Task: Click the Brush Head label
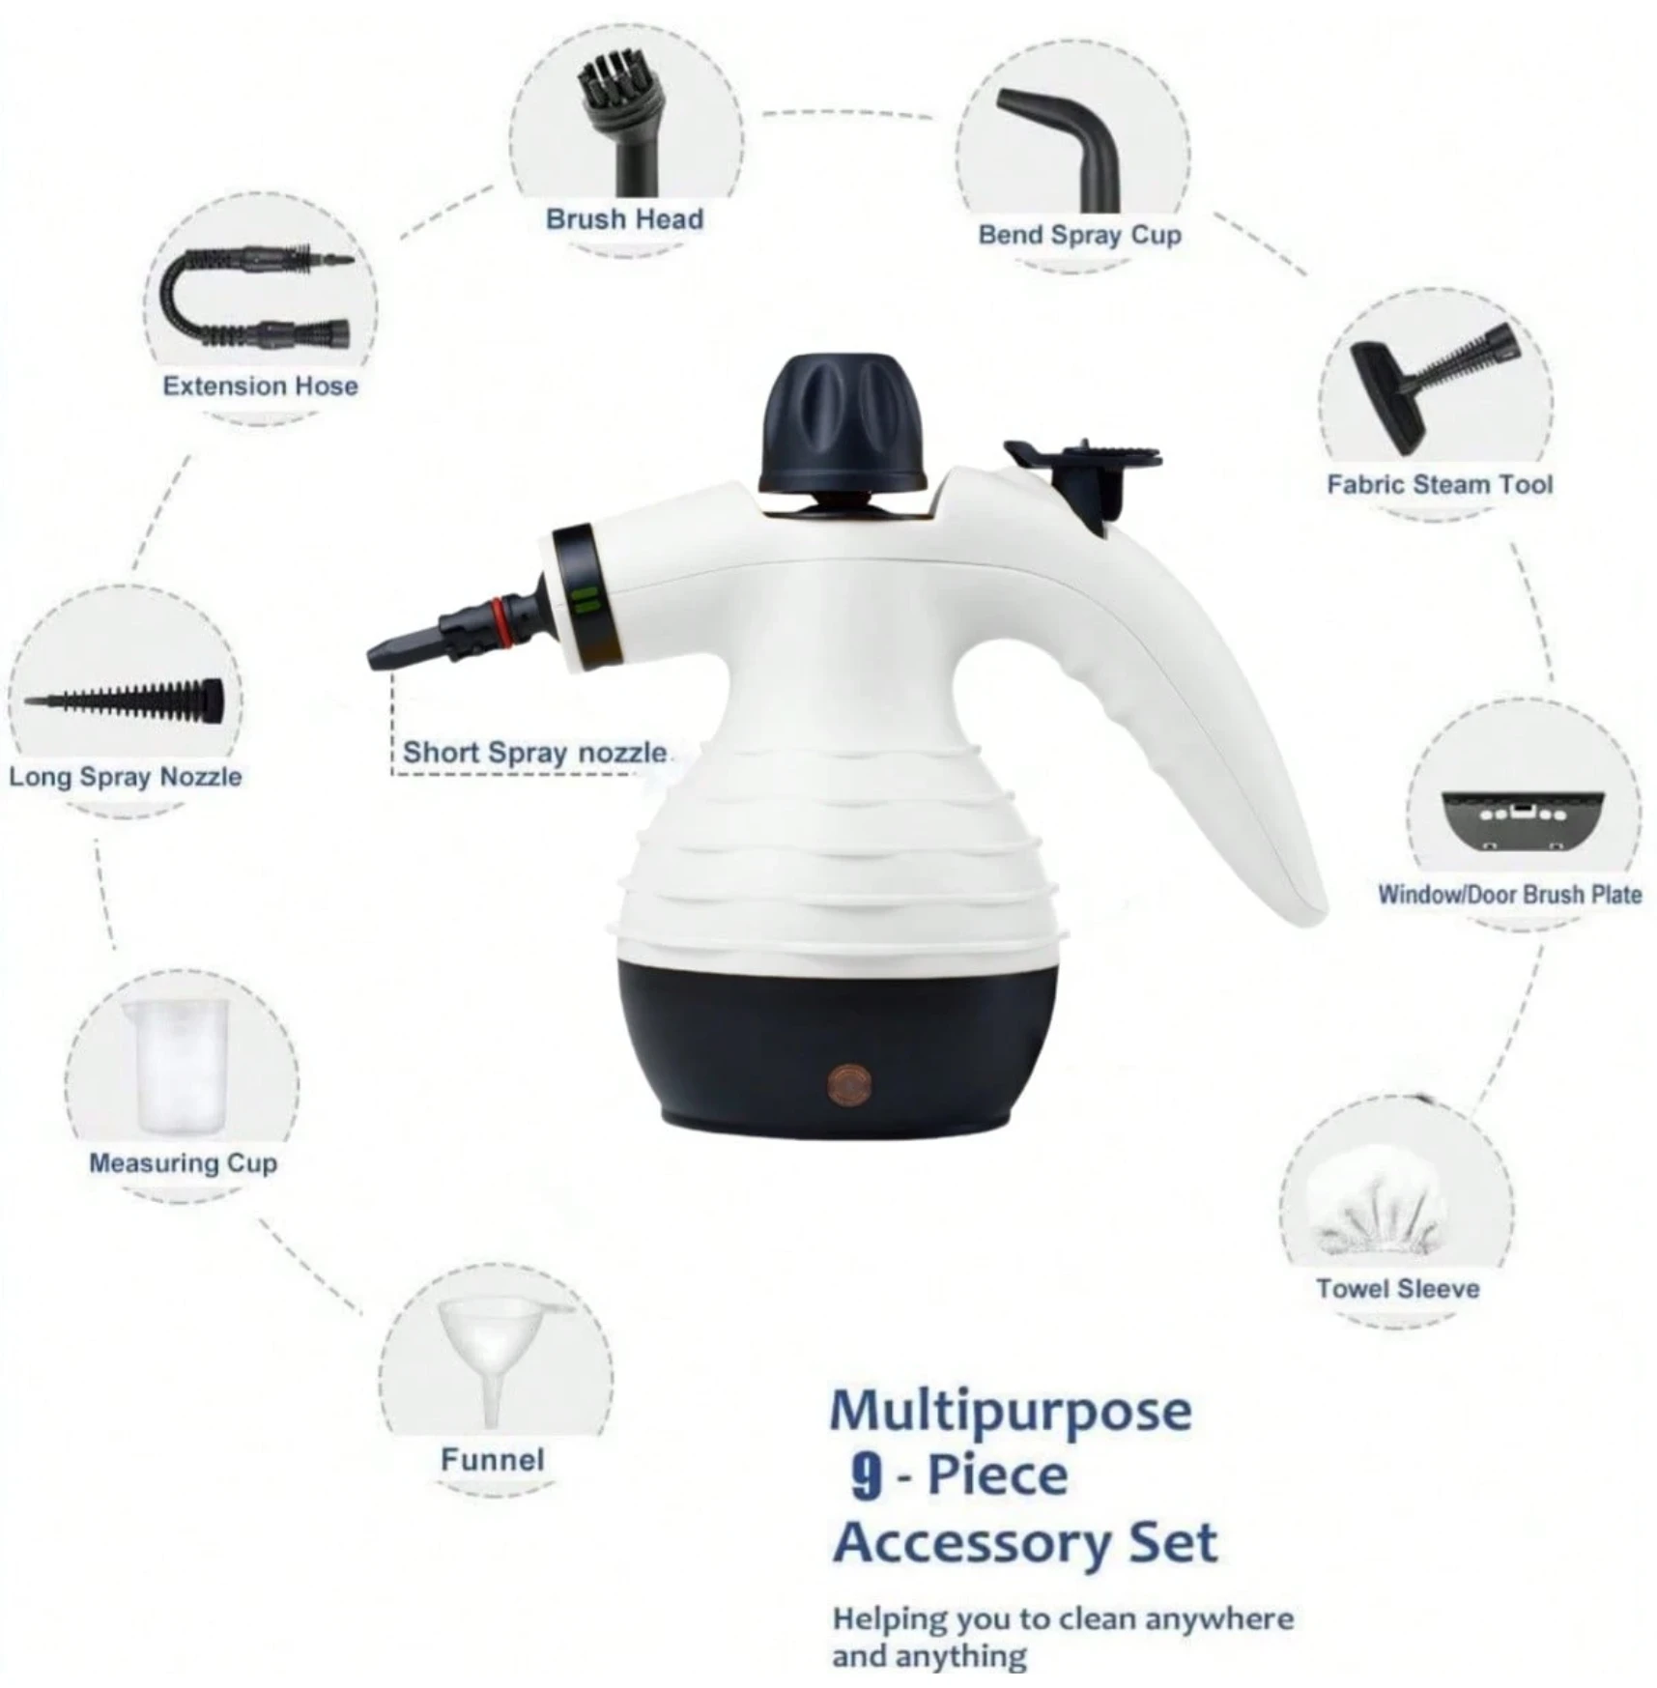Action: click(x=624, y=219)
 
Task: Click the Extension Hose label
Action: click(x=260, y=386)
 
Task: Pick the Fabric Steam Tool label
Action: click(x=1440, y=484)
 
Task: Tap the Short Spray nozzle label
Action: click(x=534, y=752)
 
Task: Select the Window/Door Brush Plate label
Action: click(x=1509, y=894)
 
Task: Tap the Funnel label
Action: click(x=493, y=1459)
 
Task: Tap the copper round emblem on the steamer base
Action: click(x=849, y=1082)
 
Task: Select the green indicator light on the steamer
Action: click(x=585, y=602)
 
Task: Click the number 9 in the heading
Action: click(x=867, y=1477)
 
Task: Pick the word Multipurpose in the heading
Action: click(x=1011, y=1414)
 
